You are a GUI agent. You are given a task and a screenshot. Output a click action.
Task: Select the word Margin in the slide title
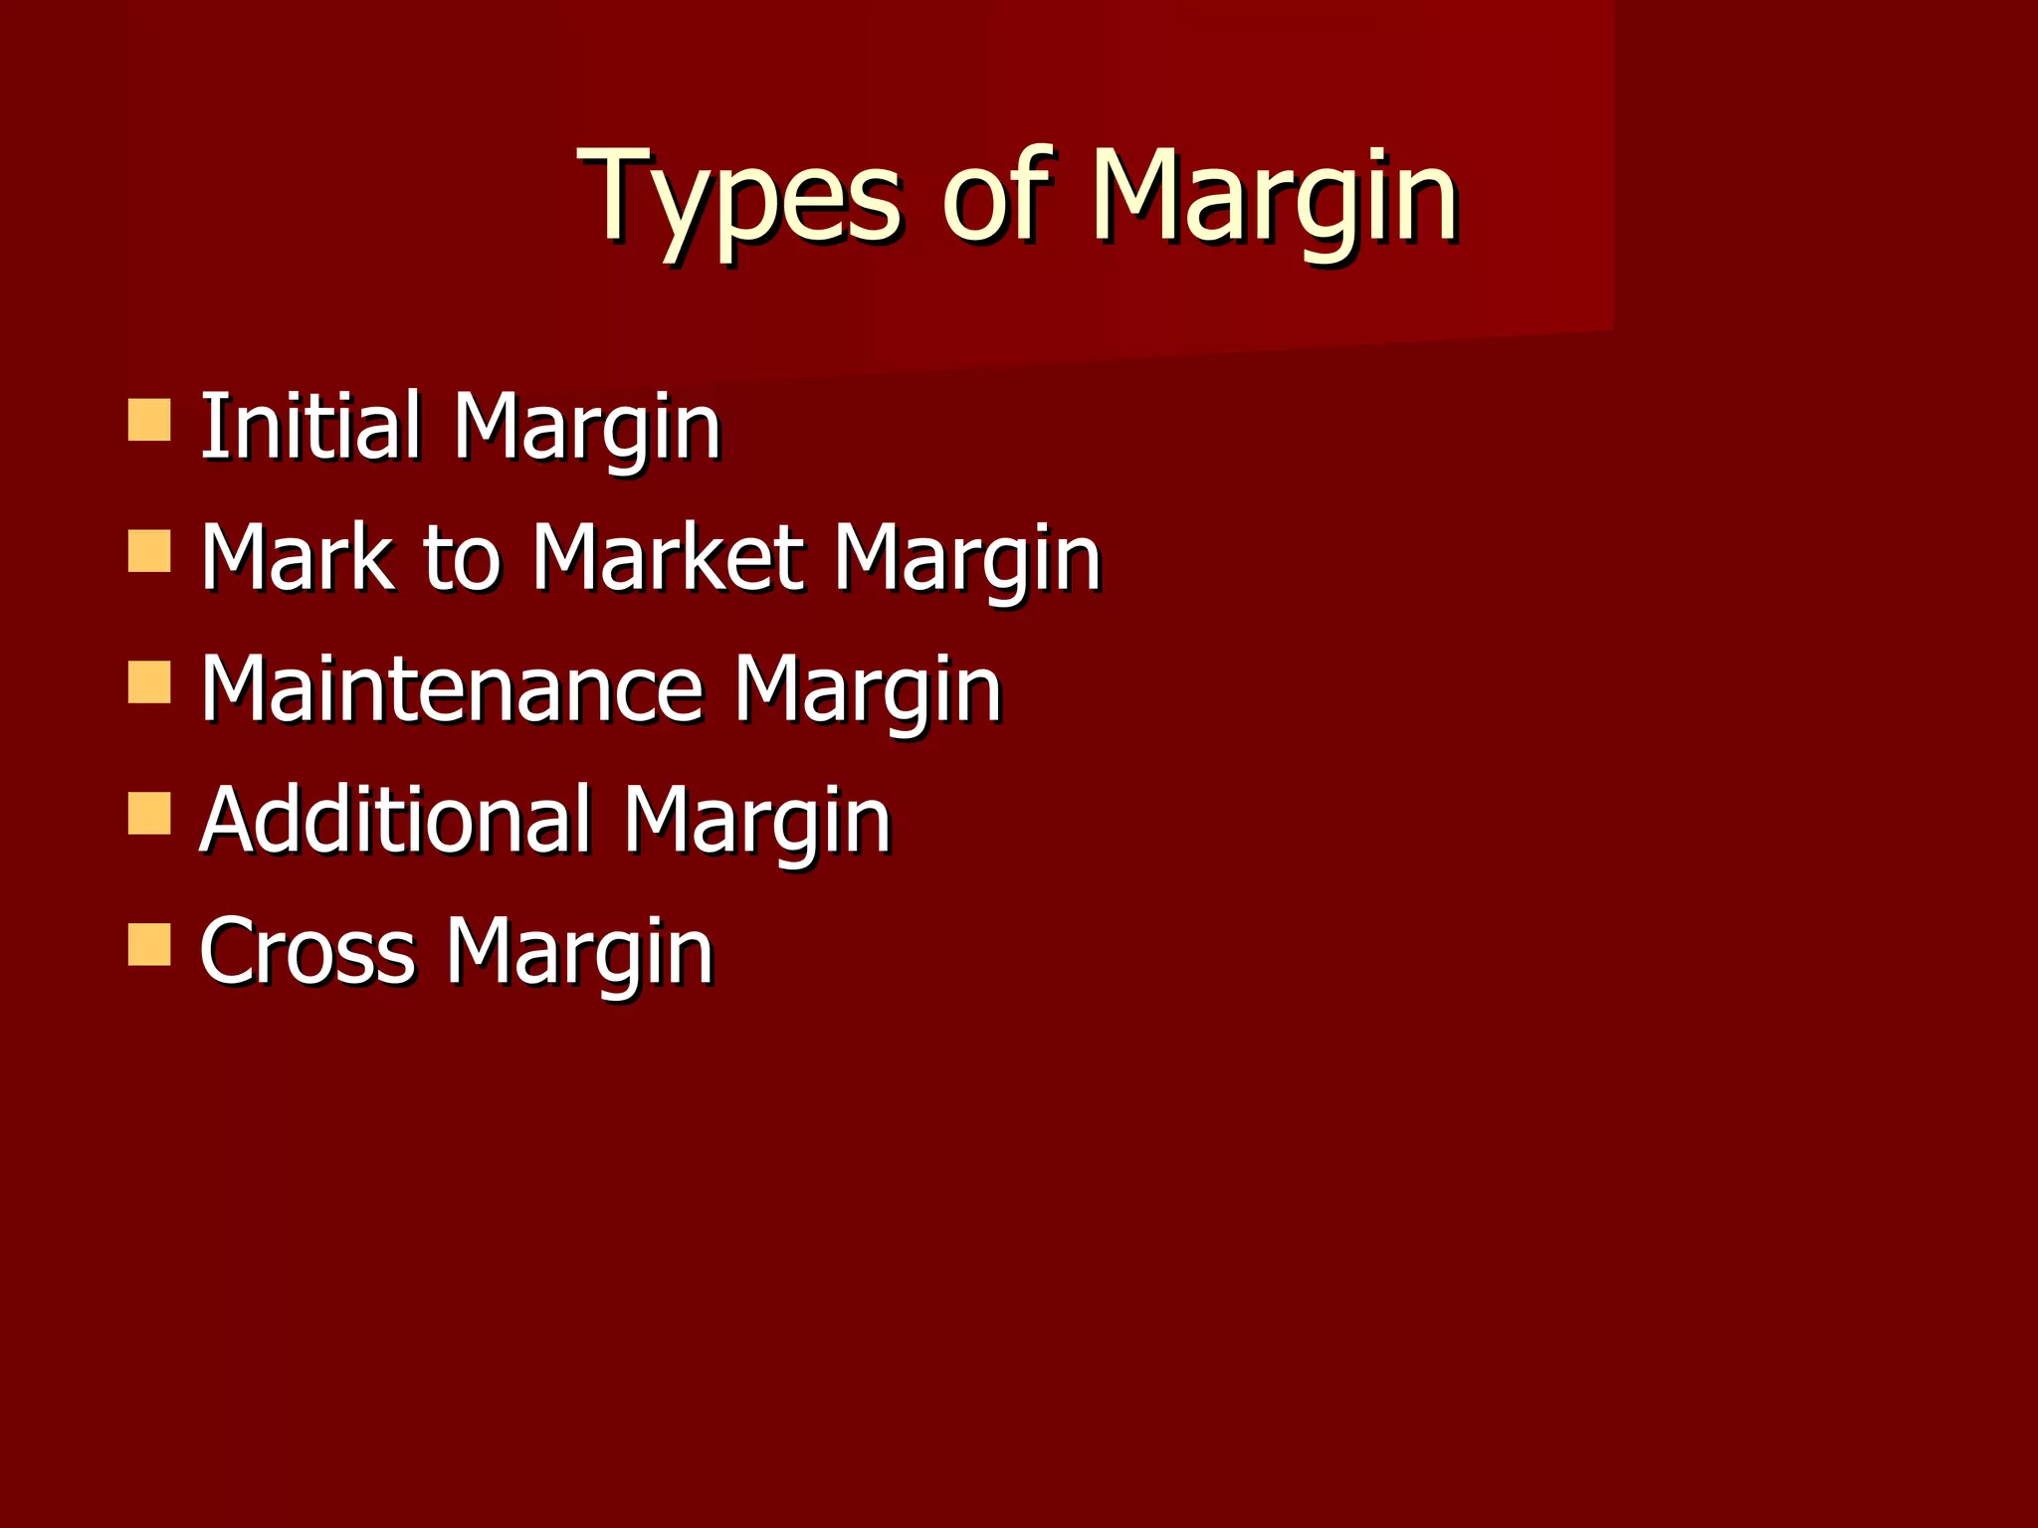(1274, 199)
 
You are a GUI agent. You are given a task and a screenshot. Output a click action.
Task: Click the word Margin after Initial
(587, 430)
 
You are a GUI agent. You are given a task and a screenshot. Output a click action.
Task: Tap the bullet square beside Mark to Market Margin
(149, 551)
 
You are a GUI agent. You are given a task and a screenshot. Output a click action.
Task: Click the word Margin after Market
(967, 561)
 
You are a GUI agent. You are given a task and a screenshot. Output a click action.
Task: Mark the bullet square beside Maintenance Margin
(149, 683)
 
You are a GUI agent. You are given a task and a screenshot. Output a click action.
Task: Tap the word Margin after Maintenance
(868, 692)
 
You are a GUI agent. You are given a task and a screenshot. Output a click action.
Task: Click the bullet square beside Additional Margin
(149, 813)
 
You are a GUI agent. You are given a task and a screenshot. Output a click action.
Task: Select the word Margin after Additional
(757, 824)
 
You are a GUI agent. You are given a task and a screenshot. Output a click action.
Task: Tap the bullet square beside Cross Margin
(149, 945)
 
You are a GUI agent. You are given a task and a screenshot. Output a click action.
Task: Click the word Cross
(306, 952)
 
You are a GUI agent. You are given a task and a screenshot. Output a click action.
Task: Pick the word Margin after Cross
(580, 955)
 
